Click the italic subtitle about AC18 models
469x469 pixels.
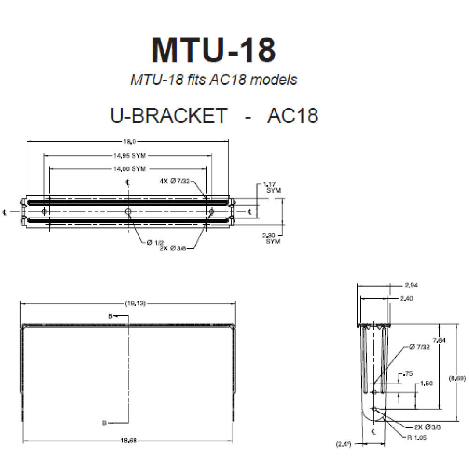(213, 79)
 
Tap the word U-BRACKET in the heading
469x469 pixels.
(169, 115)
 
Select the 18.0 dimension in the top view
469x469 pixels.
(128, 141)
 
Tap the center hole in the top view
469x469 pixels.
(128, 212)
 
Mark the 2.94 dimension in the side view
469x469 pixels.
(411, 285)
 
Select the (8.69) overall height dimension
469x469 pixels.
(457, 378)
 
